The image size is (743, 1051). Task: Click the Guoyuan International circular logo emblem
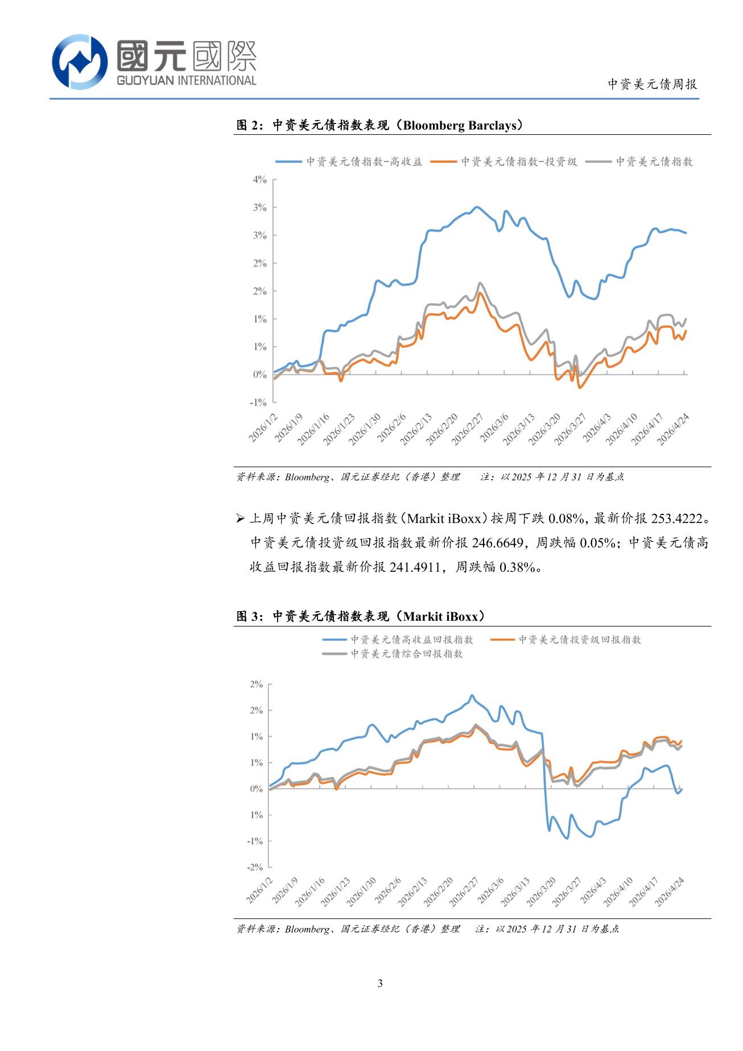(80, 61)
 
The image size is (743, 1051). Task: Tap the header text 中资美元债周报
(652, 84)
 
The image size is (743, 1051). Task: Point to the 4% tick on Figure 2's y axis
(260, 180)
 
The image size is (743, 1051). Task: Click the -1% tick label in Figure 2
(258, 402)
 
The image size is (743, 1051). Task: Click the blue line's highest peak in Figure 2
(477, 207)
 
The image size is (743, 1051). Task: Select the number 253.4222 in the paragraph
(676, 518)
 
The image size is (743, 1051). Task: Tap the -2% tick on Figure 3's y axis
(255, 867)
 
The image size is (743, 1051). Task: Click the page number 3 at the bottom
(380, 983)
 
